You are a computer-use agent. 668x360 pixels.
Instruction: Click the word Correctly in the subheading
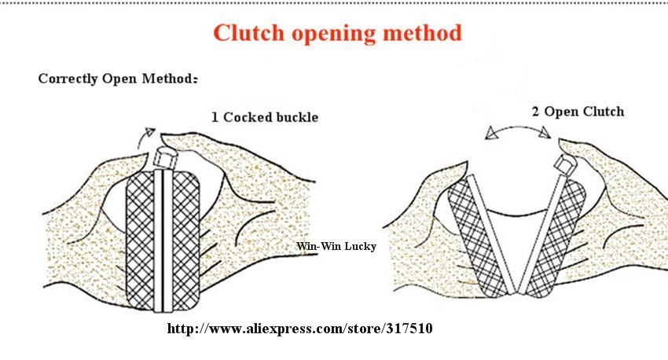(68, 79)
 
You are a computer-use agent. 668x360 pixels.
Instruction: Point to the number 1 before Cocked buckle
(215, 117)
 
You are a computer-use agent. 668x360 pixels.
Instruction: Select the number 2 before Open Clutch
(536, 112)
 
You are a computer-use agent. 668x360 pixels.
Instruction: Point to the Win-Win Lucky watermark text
(336, 246)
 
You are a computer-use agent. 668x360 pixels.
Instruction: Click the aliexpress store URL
(299, 329)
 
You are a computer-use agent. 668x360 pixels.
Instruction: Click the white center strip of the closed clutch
(164, 240)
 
